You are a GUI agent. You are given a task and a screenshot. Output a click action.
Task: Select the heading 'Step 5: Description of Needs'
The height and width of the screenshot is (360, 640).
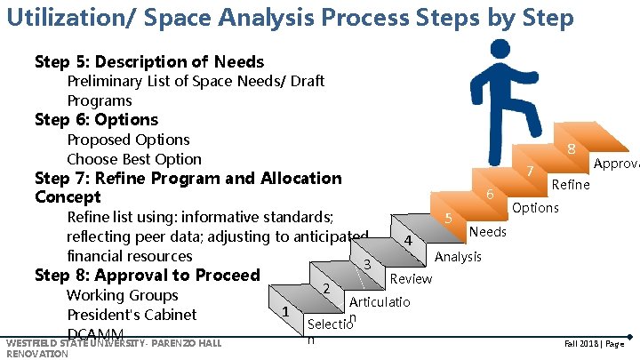pyautogui.click(x=149, y=61)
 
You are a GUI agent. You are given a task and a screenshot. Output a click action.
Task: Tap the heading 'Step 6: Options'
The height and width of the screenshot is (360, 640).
pyautogui.click(x=96, y=119)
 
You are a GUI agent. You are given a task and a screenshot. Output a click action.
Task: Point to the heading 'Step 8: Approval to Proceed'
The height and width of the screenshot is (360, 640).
pyautogui.click(x=147, y=275)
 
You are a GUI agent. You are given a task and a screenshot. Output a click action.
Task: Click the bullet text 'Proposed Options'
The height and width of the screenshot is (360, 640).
pyautogui.click(x=128, y=140)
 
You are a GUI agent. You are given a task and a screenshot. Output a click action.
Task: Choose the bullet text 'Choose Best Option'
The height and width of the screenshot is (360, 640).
pyautogui.click(x=134, y=159)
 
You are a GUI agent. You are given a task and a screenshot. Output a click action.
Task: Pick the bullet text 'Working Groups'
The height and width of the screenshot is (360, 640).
pyautogui.click(x=123, y=295)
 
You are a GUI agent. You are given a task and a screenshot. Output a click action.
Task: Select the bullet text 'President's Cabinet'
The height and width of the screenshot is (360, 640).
pyautogui.click(x=132, y=315)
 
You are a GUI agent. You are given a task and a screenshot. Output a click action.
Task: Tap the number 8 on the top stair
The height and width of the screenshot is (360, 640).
pyautogui.click(x=572, y=149)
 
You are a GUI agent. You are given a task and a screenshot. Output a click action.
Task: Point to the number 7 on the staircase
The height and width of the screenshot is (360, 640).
pyautogui.click(x=530, y=171)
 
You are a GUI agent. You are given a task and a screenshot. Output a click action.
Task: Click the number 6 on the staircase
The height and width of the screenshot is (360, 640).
pyautogui.click(x=490, y=195)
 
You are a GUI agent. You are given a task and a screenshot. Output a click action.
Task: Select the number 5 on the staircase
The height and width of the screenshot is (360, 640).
pyautogui.click(x=449, y=219)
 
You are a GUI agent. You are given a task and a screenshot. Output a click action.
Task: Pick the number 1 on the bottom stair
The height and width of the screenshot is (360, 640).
pyautogui.click(x=284, y=312)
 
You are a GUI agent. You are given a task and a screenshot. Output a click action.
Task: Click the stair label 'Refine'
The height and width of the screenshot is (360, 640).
pyautogui.click(x=571, y=184)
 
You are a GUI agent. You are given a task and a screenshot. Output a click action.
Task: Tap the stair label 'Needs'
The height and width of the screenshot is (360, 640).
pyautogui.click(x=488, y=232)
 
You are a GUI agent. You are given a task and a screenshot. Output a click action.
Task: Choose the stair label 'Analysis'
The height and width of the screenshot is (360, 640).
pyautogui.click(x=460, y=256)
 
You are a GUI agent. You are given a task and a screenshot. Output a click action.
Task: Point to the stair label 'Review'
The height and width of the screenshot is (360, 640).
pyautogui.click(x=411, y=278)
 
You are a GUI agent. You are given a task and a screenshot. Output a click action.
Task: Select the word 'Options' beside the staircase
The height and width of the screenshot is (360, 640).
pyautogui.click(x=535, y=207)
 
